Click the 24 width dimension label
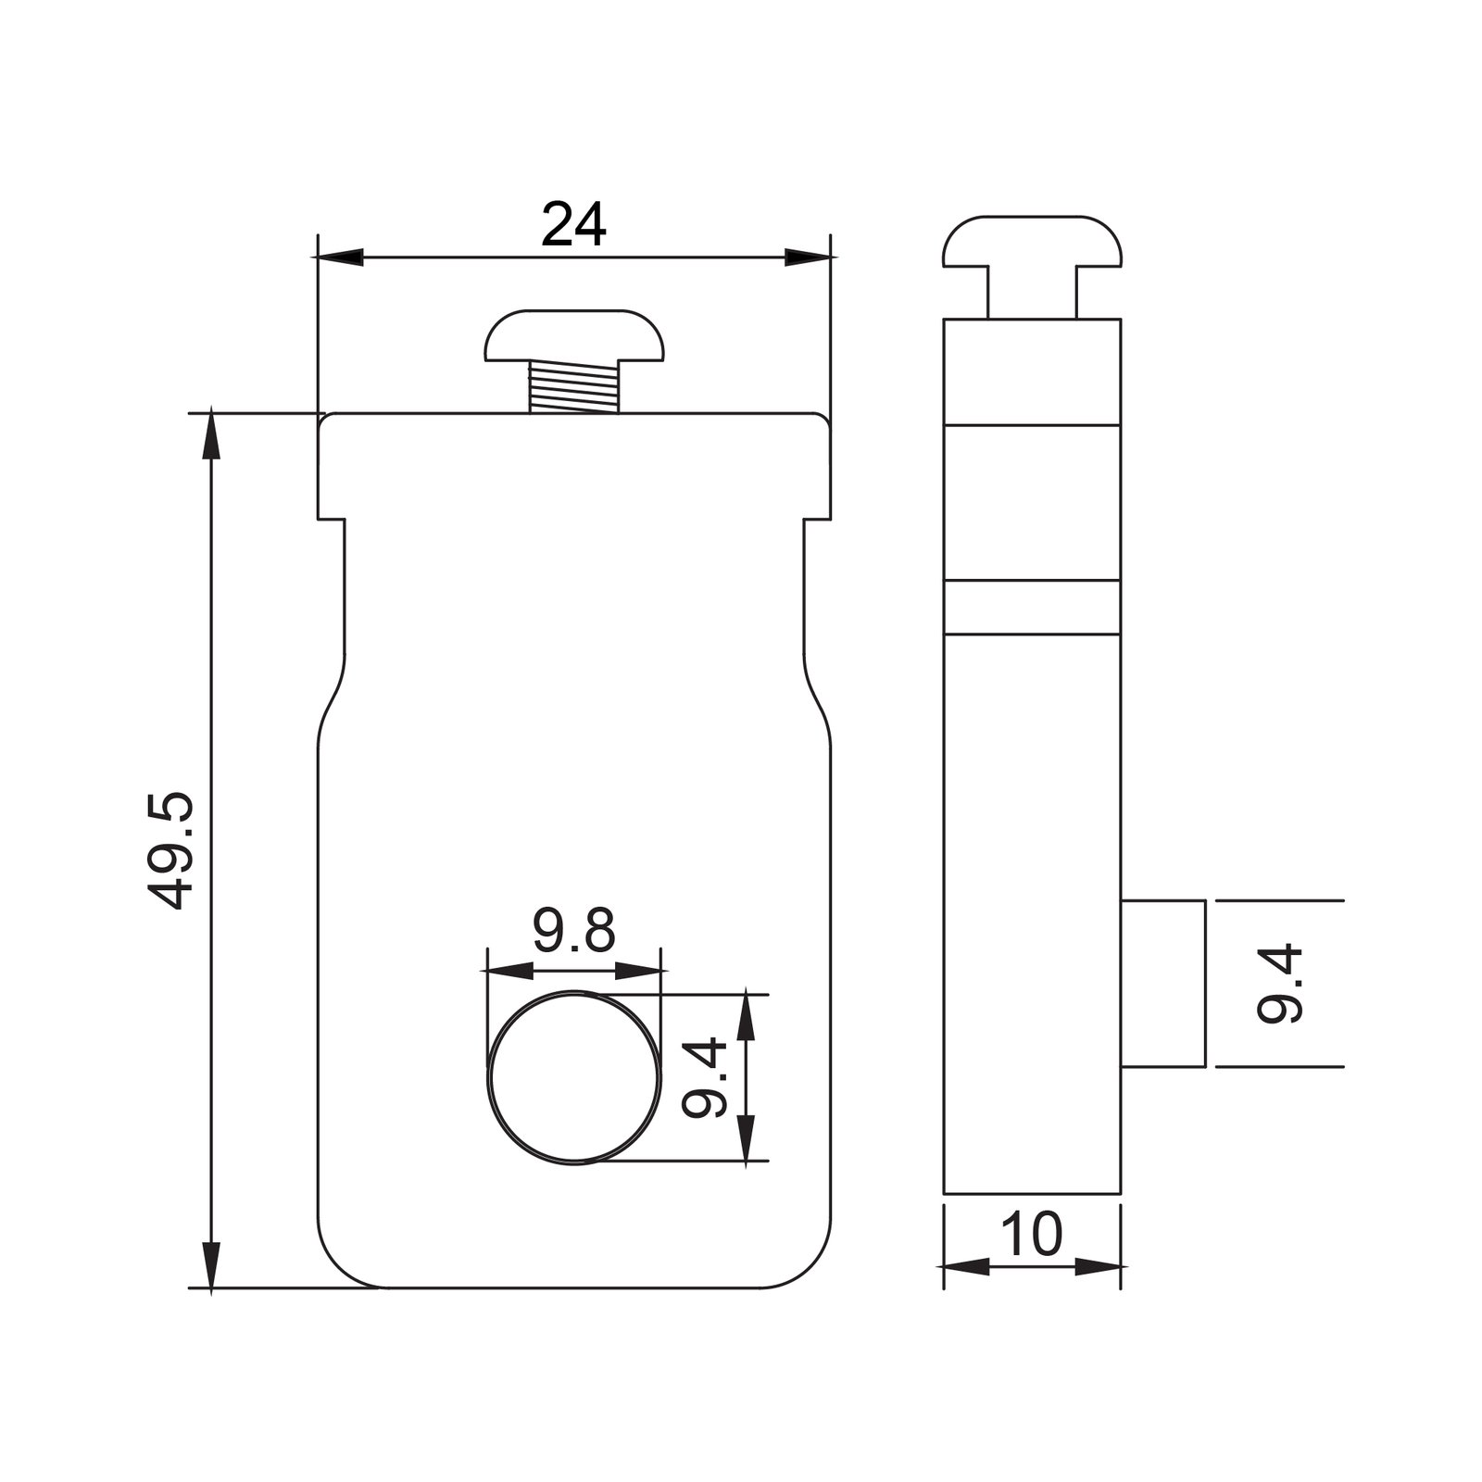tap(573, 224)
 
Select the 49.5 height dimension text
tap(170, 849)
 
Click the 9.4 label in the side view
tap(1280, 984)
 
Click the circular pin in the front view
tap(575, 1077)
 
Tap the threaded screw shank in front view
tap(573, 387)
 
